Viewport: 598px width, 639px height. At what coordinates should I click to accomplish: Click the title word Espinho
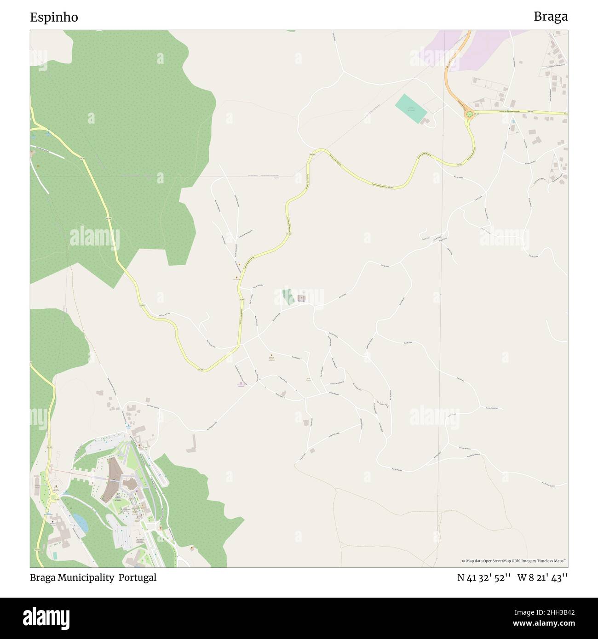click(x=54, y=17)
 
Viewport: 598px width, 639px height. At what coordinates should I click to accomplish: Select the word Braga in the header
click(x=550, y=17)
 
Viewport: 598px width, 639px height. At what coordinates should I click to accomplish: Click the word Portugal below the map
click(x=137, y=577)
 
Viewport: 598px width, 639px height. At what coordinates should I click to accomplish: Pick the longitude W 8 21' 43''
click(x=542, y=577)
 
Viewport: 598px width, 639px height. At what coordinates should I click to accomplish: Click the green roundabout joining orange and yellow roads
click(x=469, y=114)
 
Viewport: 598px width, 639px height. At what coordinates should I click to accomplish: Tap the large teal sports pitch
click(x=411, y=108)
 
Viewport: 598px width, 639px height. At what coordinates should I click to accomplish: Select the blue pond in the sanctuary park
click(x=80, y=522)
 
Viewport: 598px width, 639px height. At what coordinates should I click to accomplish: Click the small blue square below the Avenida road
click(x=513, y=121)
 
